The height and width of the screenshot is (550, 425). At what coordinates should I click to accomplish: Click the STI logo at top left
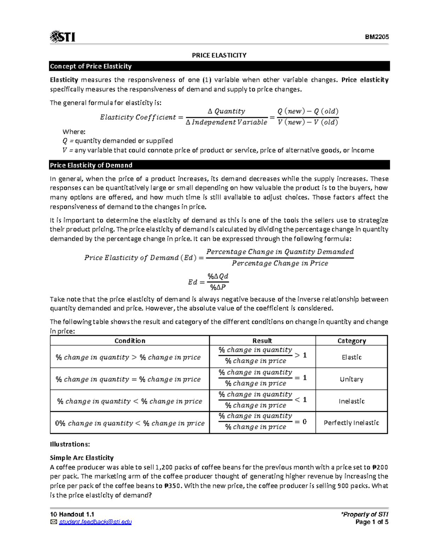(63, 36)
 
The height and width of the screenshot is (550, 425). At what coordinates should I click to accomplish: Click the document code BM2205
(377, 37)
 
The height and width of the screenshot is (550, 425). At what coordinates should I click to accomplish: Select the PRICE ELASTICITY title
(219, 55)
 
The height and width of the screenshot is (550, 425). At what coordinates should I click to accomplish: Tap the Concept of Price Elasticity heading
(91, 66)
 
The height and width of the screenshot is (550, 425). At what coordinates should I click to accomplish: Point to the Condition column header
(130, 341)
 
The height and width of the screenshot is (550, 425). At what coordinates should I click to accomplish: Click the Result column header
(262, 341)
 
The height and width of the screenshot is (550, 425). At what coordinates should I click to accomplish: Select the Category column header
(351, 341)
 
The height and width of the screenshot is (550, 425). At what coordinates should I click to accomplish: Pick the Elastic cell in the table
(351, 357)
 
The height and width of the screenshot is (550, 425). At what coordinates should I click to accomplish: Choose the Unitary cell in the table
(351, 379)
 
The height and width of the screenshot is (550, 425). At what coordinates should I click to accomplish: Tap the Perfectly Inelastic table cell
(351, 423)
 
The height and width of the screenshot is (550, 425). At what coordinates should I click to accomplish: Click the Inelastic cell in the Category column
(351, 401)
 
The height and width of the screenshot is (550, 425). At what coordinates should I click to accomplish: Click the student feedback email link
(95, 522)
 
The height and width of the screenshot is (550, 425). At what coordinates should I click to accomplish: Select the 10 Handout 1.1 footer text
(72, 514)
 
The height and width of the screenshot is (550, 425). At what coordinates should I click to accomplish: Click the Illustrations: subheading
(70, 444)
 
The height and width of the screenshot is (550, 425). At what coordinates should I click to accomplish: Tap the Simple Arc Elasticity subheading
(81, 458)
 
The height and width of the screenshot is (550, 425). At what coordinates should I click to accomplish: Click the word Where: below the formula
(74, 132)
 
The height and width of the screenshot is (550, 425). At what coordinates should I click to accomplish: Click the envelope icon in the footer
(53, 522)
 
